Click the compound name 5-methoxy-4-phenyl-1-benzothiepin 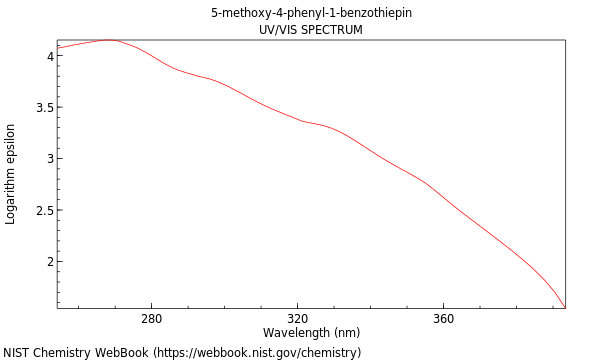point(311,13)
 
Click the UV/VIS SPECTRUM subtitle point(311,30)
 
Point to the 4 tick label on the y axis point(48,56)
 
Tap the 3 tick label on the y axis point(48,159)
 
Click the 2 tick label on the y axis point(48,262)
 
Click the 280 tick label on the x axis point(151,319)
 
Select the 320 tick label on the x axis point(297,319)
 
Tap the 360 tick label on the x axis point(443,319)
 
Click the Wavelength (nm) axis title point(311,333)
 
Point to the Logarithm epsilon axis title point(11,174)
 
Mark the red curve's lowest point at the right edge point(564,307)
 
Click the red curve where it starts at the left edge point(58,48)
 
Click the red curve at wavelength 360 point(443,201)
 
